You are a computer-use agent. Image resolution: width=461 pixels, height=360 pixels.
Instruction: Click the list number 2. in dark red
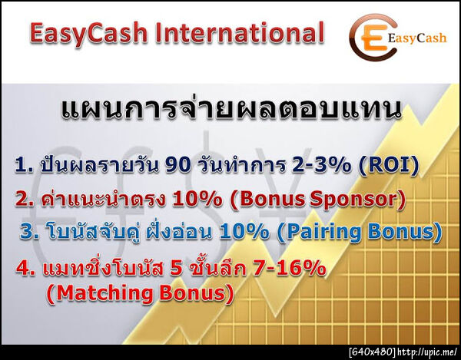(25, 200)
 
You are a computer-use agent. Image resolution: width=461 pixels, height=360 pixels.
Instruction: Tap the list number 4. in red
(25, 271)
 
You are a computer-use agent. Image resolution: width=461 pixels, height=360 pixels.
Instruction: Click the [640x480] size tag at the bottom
(372, 352)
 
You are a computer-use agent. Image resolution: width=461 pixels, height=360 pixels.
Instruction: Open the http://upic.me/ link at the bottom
(427, 352)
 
